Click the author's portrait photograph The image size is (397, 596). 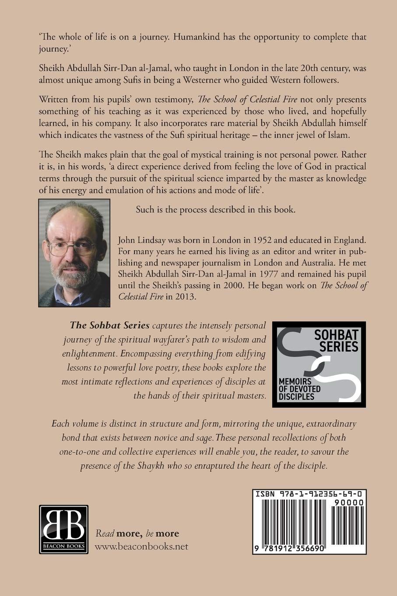tap(74, 253)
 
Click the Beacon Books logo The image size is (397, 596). tap(63, 529)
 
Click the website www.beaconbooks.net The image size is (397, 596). tap(141, 546)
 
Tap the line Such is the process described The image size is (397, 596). tap(215, 209)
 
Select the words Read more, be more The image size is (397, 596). tap(137, 533)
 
